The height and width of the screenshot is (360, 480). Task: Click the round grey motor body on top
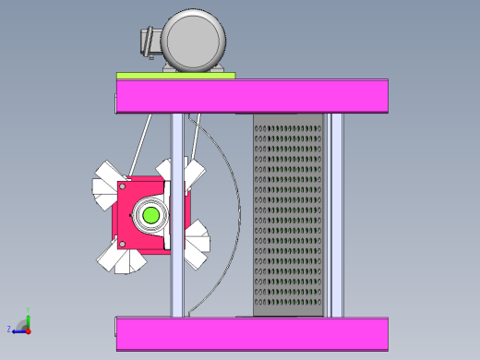[x=194, y=40]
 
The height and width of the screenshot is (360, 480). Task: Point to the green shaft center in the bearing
[x=150, y=216]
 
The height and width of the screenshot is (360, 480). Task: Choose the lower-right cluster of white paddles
[x=196, y=245]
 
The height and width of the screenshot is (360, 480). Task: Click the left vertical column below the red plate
[x=175, y=286]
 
